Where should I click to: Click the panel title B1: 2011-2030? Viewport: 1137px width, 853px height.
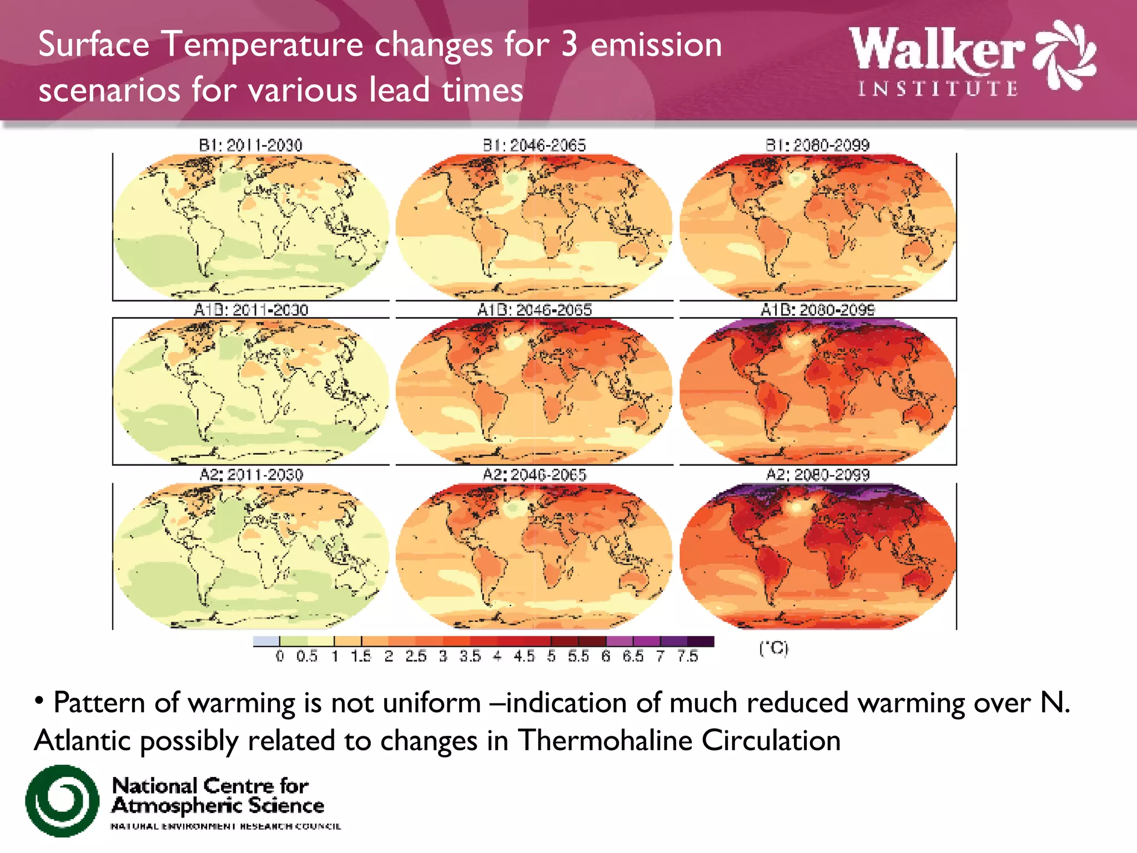[250, 145]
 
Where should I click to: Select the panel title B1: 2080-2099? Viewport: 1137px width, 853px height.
[817, 145]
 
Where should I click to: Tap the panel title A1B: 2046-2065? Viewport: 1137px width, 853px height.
[535, 310]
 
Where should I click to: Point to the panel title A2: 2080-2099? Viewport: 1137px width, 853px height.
[817, 475]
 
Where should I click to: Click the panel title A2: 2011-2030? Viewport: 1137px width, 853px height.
[251, 475]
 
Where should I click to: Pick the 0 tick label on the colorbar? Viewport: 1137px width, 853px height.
[280, 656]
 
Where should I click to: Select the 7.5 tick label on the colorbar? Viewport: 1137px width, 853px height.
[687, 656]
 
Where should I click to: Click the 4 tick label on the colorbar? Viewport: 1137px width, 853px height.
[497, 656]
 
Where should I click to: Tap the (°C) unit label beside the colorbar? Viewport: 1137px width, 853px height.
[773, 648]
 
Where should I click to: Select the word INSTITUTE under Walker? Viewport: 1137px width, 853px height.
[938, 89]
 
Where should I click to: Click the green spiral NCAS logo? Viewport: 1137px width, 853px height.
[62, 800]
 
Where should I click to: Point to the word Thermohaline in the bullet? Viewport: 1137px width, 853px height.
[604, 740]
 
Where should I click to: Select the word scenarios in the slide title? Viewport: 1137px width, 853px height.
[109, 90]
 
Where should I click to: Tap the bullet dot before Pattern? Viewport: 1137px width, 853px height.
[39, 700]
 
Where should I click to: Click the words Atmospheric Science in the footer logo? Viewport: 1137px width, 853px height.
[218, 806]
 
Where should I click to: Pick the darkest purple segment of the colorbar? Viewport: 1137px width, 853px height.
[701, 641]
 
